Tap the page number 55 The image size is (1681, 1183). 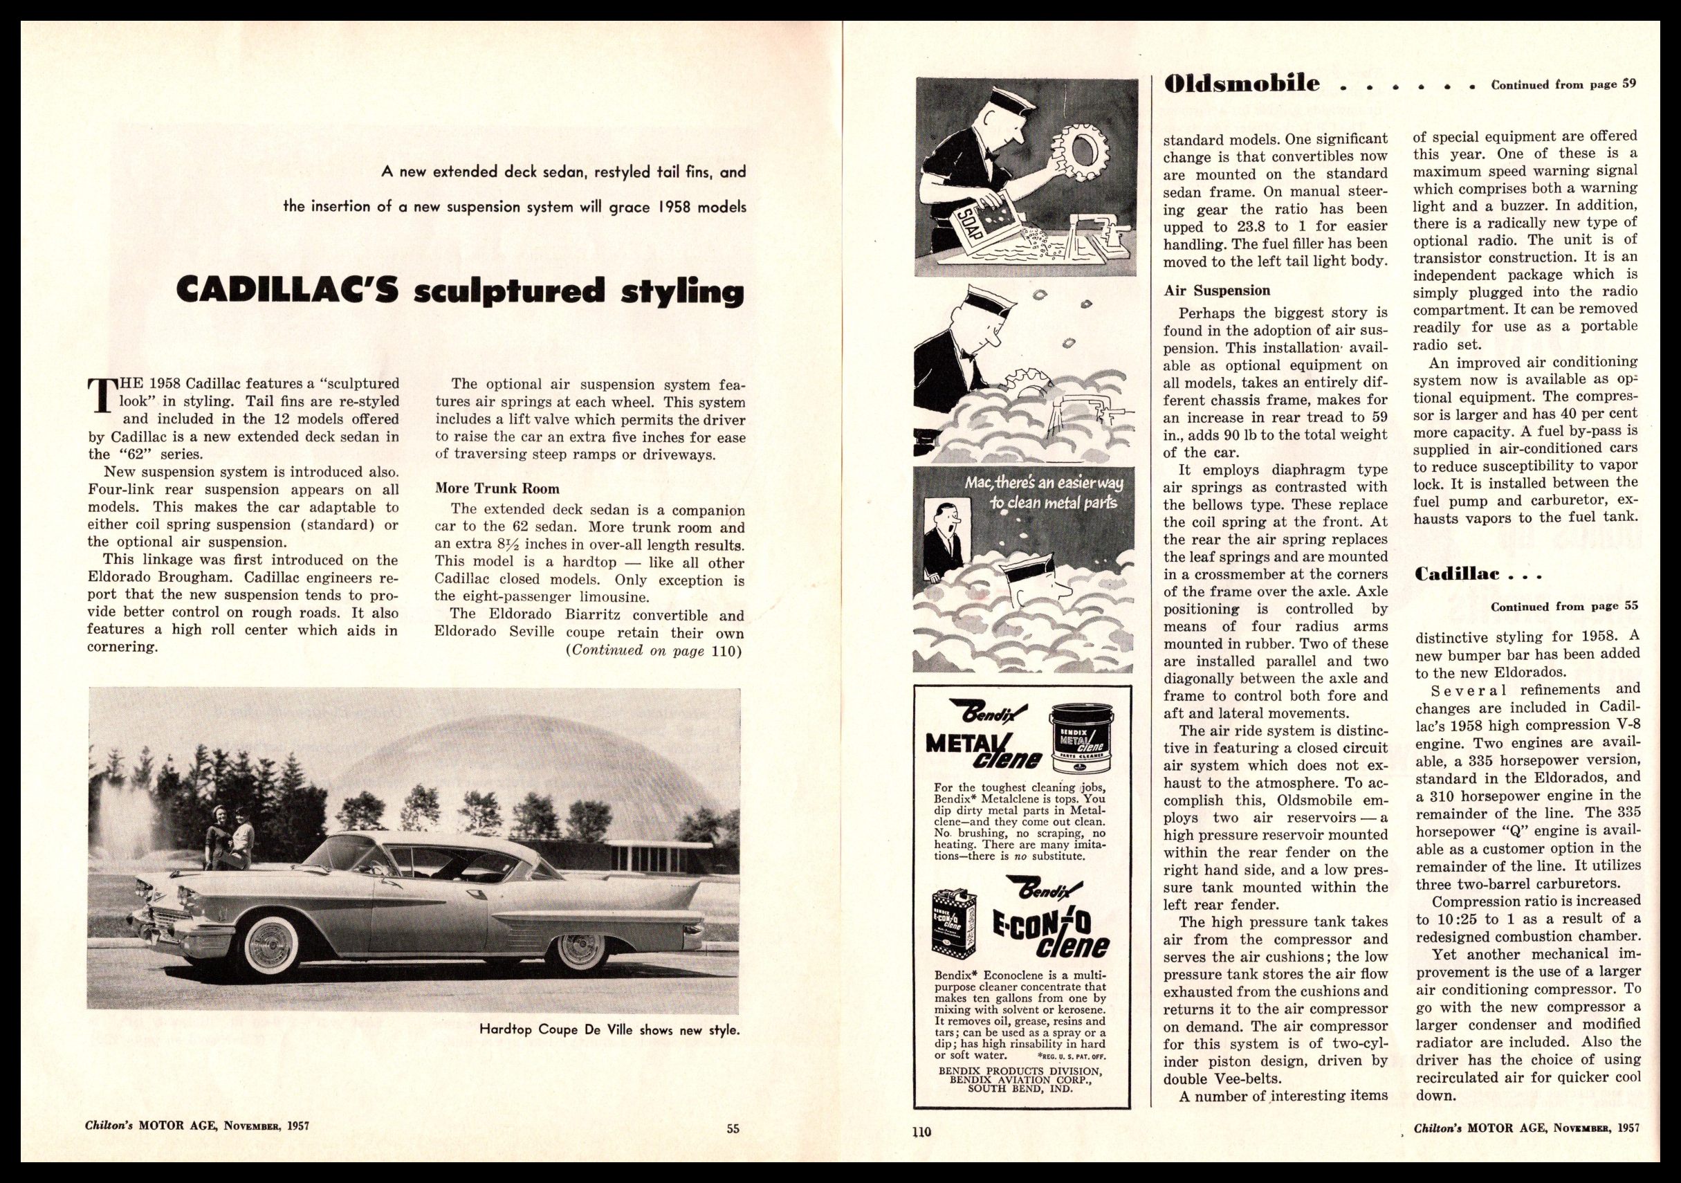coord(733,1129)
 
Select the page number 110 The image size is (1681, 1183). coord(921,1131)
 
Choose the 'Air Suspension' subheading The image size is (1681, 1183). coord(1217,291)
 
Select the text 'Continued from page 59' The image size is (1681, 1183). coord(1563,84)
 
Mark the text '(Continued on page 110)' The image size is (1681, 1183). coord(654,651)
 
